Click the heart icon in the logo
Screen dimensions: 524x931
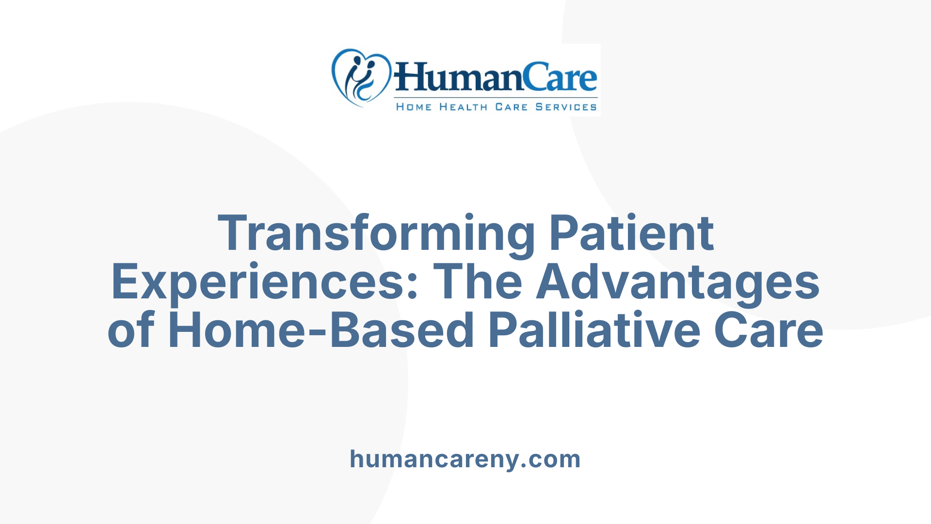click(x=361, y=77)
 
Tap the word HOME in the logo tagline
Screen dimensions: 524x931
click(x=414, y=107)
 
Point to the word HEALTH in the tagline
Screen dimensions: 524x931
click(x=463, y=107)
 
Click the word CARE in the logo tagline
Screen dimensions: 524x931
click(x=511, y=107)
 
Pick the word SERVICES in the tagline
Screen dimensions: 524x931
click(x=566, y=107)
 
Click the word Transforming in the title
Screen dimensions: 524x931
click(x=376, y=234)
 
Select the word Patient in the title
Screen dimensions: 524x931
click(x=631, y=234)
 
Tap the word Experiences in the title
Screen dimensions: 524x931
click(x=257, y=283)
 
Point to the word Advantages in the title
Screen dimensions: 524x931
click(x=678, y=283)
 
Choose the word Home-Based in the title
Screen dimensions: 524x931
click(x=321, y=331)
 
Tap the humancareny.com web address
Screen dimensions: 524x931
click(x=465, y=459)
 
